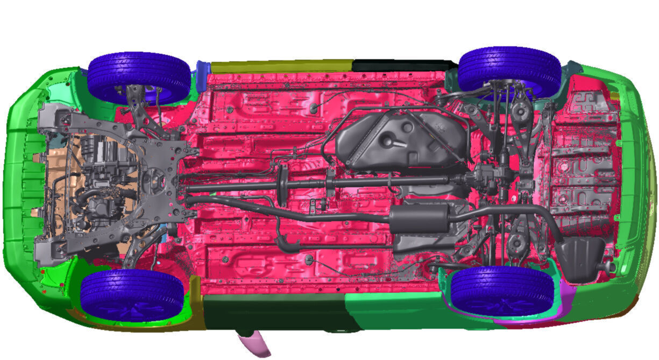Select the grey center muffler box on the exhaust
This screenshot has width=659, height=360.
(x=419, y=218)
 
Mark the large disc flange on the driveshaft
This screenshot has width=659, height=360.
(x=281, y=185)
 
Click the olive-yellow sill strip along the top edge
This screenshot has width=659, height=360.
(x=280, y=66)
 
